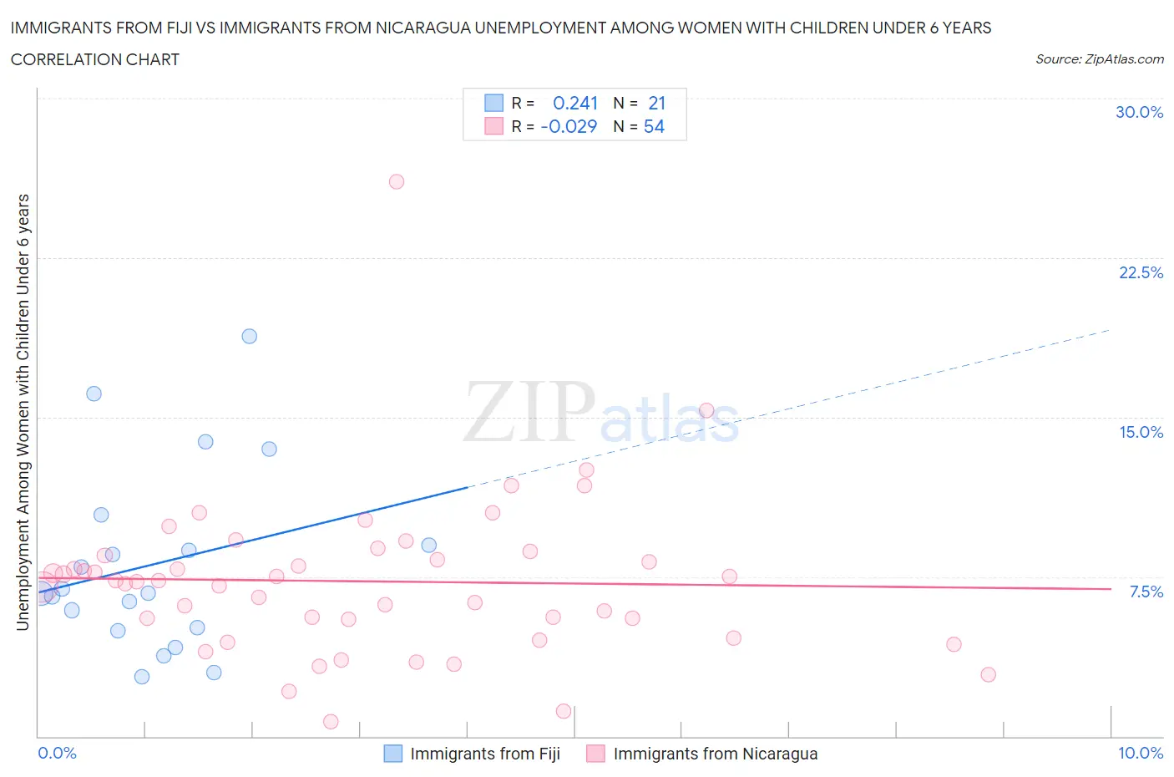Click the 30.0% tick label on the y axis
[x=1139, y=112]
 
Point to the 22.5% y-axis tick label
[x=1141, y=272]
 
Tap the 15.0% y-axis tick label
[x=1141, y=432]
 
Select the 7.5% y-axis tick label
[x=1146, y=592]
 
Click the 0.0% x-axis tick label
[x=57, y=753]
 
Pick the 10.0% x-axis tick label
[x=1141, y=753]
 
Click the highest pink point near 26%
[x=397, y=181]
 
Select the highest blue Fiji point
[x=249, y=336]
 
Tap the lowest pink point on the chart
[x=331, y=721]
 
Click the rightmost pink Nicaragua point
[x=988, y=674]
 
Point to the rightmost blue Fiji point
[x=429, y=545]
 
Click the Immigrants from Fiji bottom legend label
[x=485, y=754]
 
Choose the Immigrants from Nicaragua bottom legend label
[x=715, y=754]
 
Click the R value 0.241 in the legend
[x=575, y=103]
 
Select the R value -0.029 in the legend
[x=569, y=126]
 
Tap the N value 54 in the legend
[x=654, y=126]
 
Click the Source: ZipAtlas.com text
[x=1099, y=58]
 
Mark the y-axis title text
[x=23, y=412]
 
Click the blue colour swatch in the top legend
[x=493, y=103]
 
